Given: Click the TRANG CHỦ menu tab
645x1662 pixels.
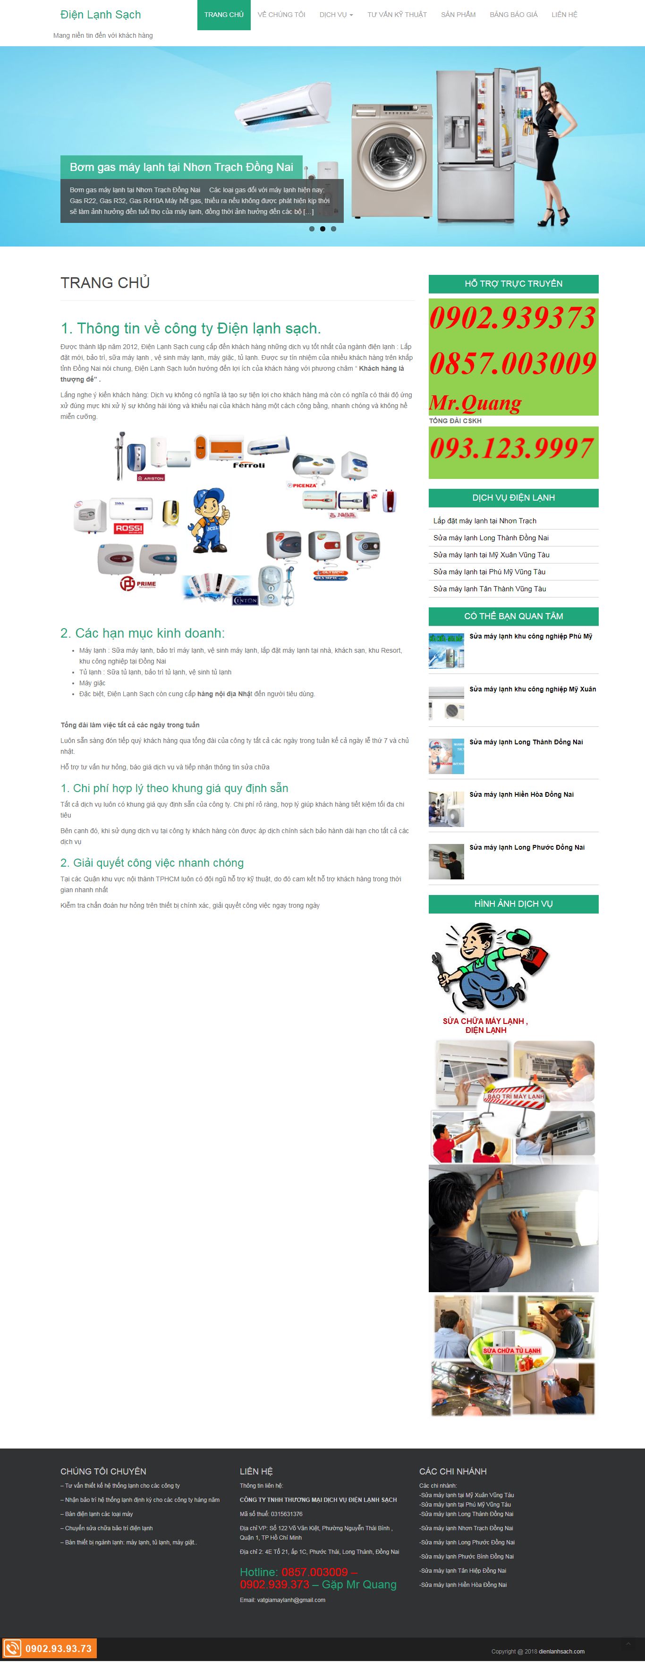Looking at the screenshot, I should click(x=224, y=15).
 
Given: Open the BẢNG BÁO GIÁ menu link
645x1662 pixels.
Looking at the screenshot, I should click(x=513, y=15).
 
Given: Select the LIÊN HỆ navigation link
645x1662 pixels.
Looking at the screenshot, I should click(x=564, y=15).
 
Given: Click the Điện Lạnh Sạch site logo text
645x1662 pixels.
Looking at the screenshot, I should click(x=101, y=15).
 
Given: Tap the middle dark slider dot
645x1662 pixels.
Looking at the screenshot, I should click(x=322, y=229).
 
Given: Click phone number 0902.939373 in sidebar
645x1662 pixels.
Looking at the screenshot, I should click(x=512, y=317).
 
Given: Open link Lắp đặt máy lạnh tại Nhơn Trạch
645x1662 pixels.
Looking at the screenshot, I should click(x=484, y=520).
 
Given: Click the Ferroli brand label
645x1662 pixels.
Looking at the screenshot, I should click(x=248, y=465).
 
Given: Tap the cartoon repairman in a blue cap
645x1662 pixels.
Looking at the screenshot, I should click(x=209, y=520).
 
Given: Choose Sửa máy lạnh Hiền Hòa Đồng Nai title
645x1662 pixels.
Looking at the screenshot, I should click(x=521, y=794).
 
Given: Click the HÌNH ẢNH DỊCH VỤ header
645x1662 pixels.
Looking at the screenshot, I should click(x=513, y=903).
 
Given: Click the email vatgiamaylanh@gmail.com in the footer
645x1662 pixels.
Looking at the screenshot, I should click(x=291, y=1599).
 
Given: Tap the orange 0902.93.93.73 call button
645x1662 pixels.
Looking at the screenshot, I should click(x=51, y=1648).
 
